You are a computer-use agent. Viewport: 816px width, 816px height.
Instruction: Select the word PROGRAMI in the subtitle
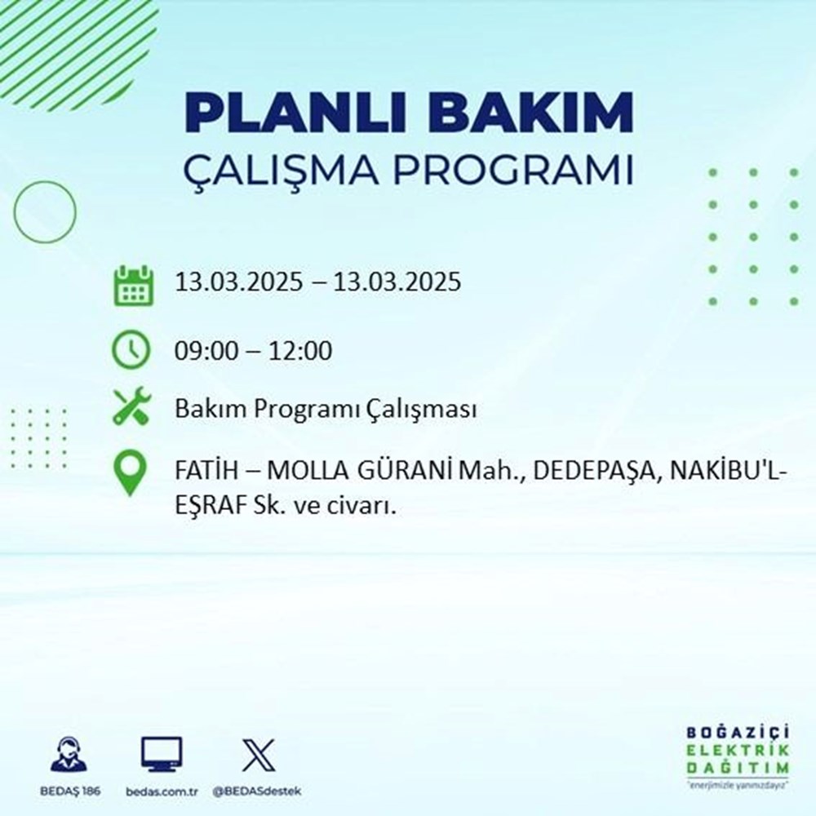(512, 172)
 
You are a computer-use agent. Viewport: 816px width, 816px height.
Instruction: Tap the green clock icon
(131, 351)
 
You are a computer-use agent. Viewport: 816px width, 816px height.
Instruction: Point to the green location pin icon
(131, 473)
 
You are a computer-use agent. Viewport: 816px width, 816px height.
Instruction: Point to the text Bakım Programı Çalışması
(326, 410)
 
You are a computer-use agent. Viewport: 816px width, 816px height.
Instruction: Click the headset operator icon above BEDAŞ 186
(69, 754)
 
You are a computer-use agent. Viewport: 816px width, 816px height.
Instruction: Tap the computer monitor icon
(162, 754)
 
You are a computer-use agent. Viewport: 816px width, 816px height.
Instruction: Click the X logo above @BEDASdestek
(257, 754)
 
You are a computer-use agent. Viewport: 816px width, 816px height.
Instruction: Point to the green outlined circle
(45, 211)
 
